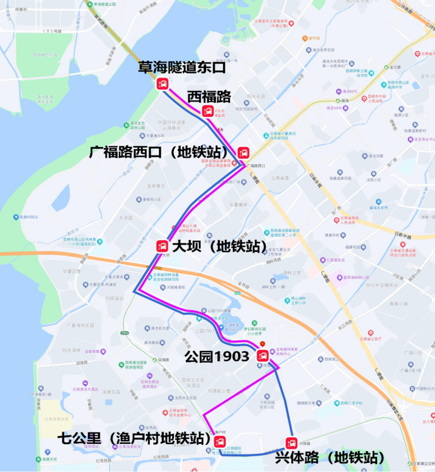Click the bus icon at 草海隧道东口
pos(163,84)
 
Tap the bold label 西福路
pos(209,97)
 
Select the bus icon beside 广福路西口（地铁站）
pos(243,152)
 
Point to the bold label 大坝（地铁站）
pos(220,246)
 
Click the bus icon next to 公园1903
pos(263,356)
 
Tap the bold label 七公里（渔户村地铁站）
pos(134,439)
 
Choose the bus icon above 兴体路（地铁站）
pos(291,443)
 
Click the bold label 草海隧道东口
pos(182,67)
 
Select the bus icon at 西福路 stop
pos(208,111)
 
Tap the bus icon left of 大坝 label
pos(162,246)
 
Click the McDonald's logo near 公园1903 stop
pos(263,344)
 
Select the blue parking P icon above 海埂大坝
pos(48,452)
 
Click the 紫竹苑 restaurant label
pos(314,38)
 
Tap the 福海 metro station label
pos(344,101)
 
